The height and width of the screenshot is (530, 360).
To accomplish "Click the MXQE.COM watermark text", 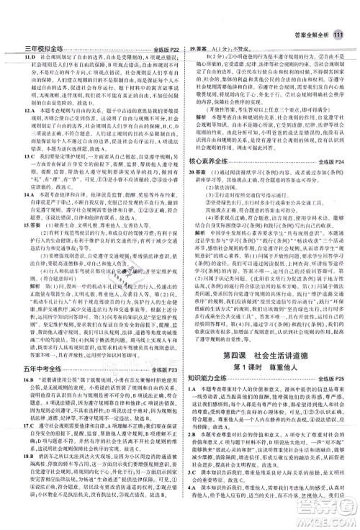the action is pyautogui.click(x=328, y=518).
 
